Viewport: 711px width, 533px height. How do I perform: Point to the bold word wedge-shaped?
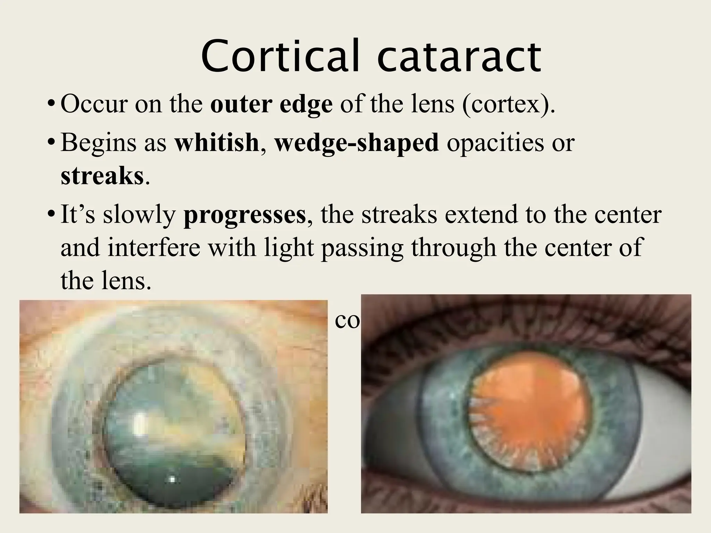(357, 143)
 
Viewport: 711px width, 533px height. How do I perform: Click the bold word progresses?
(244, 215)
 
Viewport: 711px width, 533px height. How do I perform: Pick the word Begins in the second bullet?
(98, 143)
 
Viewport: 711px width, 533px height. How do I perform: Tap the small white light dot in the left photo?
(172, 480)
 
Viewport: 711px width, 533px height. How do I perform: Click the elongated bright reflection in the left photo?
(140, 424)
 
